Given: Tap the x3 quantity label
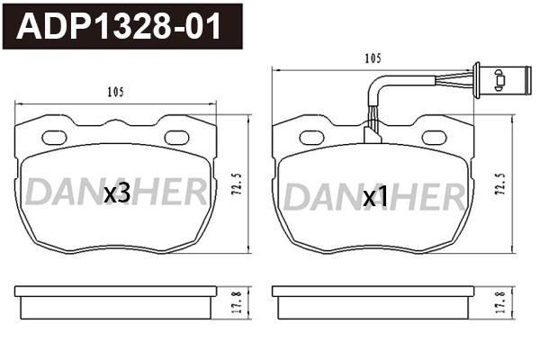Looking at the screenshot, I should click(x=118, y=193).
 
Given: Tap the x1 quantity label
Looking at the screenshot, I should click(x=374, y=197).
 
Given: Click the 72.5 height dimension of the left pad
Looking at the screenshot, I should click(x=237, y=186).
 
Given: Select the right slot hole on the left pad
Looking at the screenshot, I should click(x=180, y=138).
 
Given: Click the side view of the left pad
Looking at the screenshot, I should click(x=116, y=303).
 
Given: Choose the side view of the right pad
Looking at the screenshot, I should click(x=371, y=303).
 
